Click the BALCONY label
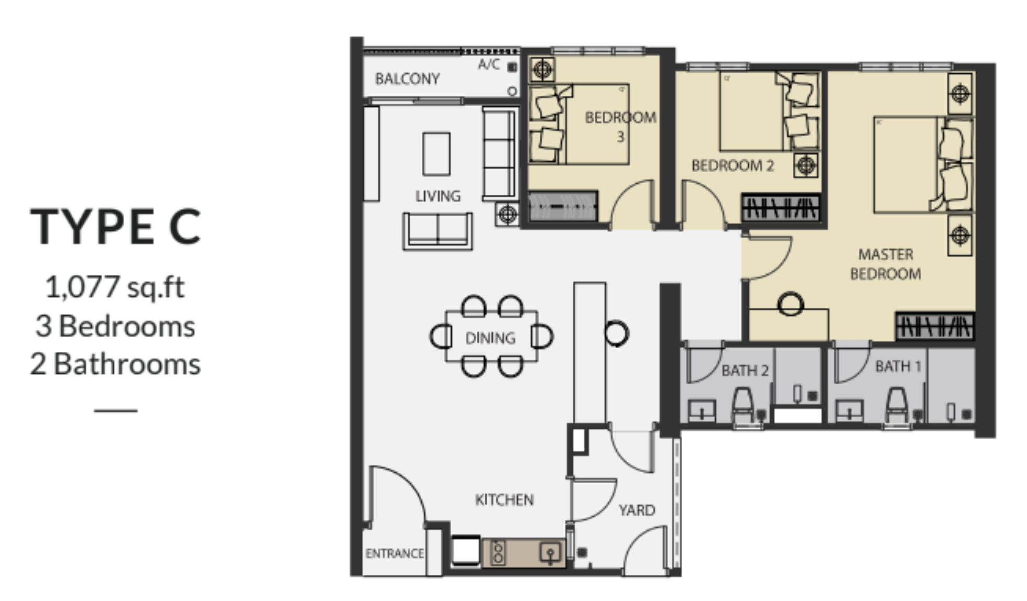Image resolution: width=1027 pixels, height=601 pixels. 407,79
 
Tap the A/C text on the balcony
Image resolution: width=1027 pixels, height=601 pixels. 489,64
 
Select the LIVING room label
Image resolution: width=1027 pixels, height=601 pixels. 438,196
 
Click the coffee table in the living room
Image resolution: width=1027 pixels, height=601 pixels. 436,154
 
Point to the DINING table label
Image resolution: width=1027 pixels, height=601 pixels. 490,338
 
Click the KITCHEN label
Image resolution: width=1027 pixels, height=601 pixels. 505,500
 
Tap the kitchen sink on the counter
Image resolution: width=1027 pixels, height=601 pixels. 550,553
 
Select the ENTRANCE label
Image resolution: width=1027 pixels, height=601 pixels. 395,553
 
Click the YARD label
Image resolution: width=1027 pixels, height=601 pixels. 637,510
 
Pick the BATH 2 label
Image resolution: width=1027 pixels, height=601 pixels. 745,371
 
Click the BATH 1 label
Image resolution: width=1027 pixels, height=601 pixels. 898,366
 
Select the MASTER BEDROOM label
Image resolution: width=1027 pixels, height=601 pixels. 886,264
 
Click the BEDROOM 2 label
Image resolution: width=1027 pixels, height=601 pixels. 733,166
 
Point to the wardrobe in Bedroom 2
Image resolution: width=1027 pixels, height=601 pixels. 780,207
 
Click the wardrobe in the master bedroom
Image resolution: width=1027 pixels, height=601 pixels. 934,326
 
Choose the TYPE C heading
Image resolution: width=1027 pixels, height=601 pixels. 116,227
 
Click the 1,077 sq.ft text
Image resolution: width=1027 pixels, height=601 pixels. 115,287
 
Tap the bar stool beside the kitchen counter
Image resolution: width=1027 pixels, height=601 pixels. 616,333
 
